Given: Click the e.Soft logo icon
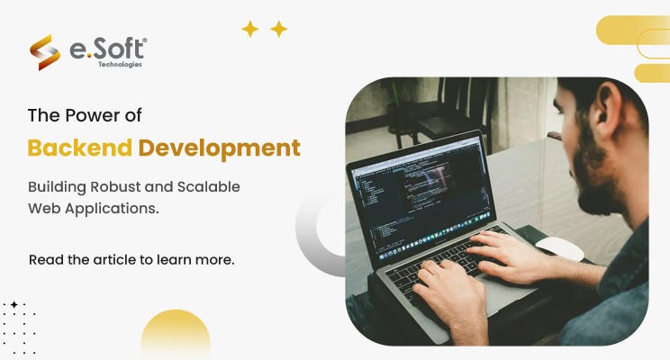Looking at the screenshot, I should (x=45, y=52).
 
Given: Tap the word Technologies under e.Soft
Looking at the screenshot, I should (x=120, y=65).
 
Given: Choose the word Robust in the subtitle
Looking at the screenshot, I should (x=120, y=187).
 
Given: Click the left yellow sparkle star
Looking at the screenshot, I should (x=250, y=29).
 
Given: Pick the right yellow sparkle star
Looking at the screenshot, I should (x=279, y=29).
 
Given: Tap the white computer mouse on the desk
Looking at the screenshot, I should (x=559, y=248).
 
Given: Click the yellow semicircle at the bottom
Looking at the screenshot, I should (x=176, y=337).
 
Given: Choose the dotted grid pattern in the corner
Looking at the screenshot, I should (x=18, y=328).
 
